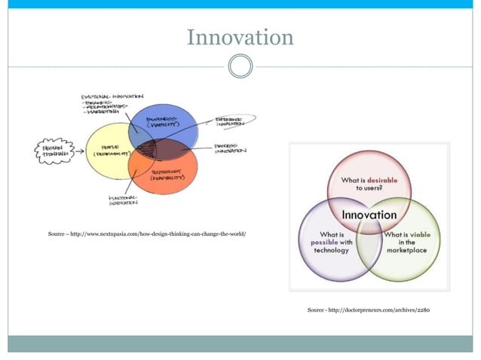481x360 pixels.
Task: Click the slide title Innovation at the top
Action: pos(240,37)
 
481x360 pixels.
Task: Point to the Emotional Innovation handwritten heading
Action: pos(113,97)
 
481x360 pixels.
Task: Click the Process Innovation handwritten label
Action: pos(230,148)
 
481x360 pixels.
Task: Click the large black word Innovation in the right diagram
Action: pos(369,215)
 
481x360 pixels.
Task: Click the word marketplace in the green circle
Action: pos(408,251)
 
